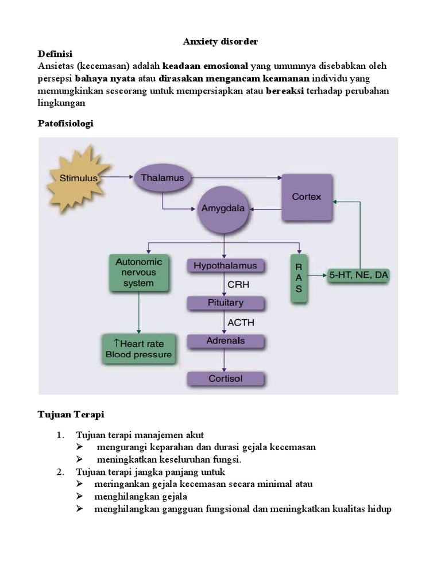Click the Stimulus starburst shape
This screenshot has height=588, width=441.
(79, 178)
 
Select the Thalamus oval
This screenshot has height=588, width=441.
(163, 178)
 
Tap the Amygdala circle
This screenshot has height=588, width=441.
(223, 209)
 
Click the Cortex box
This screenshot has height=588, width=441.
(306, 197)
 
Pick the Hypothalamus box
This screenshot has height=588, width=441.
(226, 266)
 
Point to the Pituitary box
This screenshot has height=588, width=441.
(226, 303)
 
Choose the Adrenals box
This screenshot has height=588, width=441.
(226, 341)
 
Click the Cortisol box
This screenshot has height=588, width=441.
(226, 379)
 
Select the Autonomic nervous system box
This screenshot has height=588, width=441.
(139, 272)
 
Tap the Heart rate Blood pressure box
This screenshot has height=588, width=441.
(138, 349)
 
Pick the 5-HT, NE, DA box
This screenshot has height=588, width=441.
(358, 276)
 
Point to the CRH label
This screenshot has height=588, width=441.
(239, 284)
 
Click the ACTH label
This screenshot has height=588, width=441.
(241, 322)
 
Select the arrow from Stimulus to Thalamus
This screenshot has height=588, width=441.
(117, 177)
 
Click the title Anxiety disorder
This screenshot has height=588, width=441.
(220, 41)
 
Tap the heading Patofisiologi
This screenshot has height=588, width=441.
(65, 123)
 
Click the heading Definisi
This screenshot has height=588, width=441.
(55, 54)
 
